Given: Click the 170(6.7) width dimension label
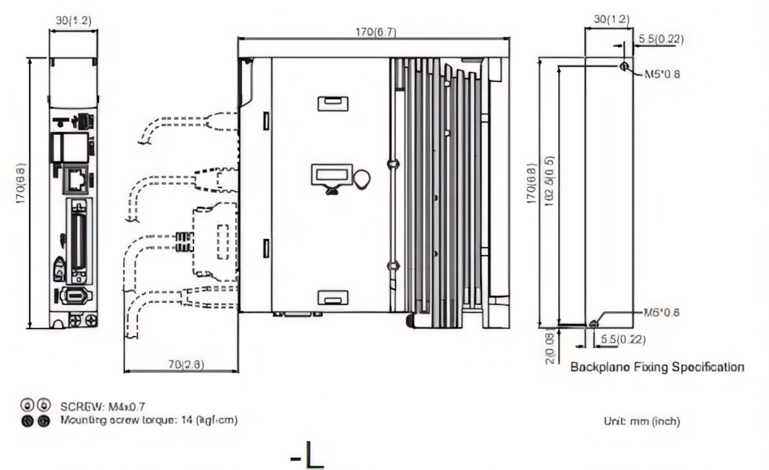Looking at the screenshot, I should (x=374, y=32).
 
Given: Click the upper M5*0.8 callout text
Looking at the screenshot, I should (x=662, y=74).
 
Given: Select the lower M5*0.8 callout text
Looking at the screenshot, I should (x=661, y=312).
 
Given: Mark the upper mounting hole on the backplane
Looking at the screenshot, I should (x=623, y=66).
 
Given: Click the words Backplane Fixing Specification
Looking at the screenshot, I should (x=657, y=367).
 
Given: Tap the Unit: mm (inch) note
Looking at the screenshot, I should (x=642, y=421).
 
